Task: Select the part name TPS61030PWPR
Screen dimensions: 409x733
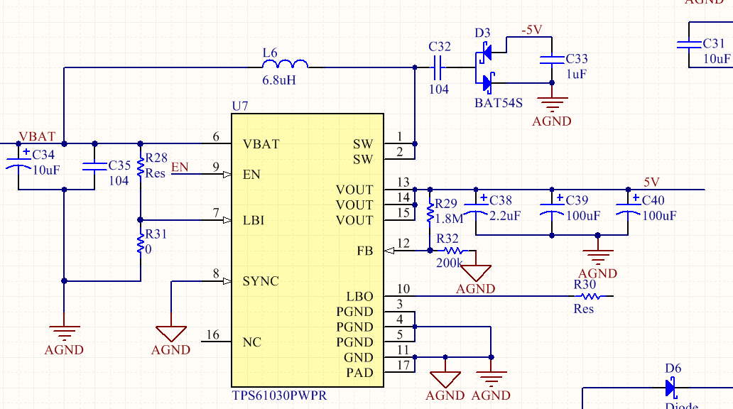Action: (x=280, y=395)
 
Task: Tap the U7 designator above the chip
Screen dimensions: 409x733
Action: (x=240, y=107)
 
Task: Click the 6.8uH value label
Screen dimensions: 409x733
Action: (x=279, y=80)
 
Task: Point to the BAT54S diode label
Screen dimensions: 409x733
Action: (x=498, y=103)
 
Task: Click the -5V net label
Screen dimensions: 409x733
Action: (x=531, y=30)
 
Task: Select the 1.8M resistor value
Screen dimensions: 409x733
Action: (x=449, y=219)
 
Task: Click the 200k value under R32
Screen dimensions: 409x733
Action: (x=450, y=263)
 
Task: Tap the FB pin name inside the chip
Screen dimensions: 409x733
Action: (x=364, y=251)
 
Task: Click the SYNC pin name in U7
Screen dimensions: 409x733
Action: (x=261, y=281)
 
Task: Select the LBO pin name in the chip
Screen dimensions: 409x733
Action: (x=359, y=297)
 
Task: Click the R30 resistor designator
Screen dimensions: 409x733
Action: (x=585, y=284)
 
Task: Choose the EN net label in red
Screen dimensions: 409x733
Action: (x=180, y=167)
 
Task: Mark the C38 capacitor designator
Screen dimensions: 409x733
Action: (x=501, y=201)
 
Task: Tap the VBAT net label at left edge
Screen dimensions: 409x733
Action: (x=37, y=136)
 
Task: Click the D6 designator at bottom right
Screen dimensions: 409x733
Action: (x=673, y=369)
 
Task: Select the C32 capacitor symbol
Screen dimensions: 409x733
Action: (x=438, y=68)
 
